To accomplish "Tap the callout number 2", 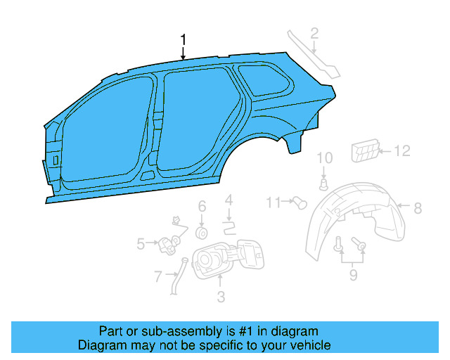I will point(314,32).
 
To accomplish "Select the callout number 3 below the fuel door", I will point(221,297).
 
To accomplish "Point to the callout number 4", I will point(229,202).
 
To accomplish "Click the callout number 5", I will point(141,244).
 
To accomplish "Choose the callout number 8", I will point(417,207).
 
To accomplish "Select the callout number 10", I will point(324,158).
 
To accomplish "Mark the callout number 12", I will point(401,150).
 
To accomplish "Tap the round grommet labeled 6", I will point(201,231).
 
